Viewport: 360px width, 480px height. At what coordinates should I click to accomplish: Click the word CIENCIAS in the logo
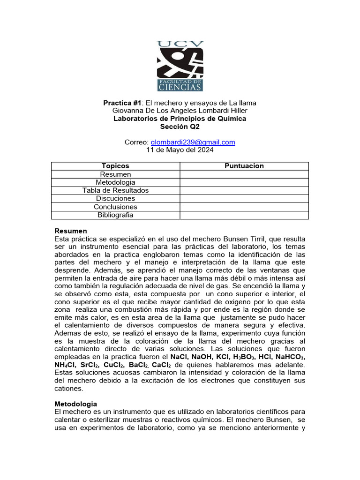point(180,86)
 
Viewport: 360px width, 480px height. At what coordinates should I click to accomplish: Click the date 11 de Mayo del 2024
point(180,150)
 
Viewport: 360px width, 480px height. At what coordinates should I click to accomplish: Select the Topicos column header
point(115,166)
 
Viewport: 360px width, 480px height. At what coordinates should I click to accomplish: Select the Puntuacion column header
point(244,166)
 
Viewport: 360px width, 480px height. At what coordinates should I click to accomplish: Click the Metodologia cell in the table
point(115,182)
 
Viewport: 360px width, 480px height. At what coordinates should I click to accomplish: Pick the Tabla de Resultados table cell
point(115,190)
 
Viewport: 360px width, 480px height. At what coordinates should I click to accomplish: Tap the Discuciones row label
point(115,199)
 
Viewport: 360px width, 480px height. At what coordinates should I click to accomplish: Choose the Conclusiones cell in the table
point(115,207)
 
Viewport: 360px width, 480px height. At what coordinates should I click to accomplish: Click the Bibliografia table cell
point(115,215)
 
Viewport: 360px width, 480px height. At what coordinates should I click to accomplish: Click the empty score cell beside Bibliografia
point(244,215)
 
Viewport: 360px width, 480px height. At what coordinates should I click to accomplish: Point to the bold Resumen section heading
point(71,231)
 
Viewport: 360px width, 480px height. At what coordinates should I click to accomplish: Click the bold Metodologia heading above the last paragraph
point(76,404)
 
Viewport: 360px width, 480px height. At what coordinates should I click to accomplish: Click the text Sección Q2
point(180,127)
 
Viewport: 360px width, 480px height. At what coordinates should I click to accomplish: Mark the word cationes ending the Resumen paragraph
point(69,389)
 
